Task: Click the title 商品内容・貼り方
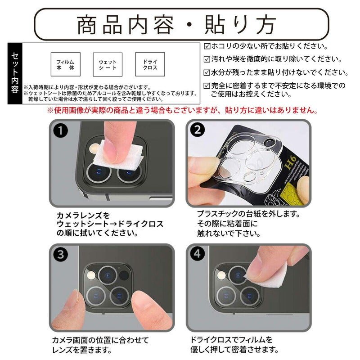(176, 25)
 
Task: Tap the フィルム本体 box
(65, 64)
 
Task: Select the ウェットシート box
(108, 64)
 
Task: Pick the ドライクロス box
(150, 64)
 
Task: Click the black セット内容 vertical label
(15, 73)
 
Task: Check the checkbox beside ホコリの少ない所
(207, 46)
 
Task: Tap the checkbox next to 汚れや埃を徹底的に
(207, 59)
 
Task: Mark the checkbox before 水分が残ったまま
(207, 73)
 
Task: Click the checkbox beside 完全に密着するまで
(207, 86)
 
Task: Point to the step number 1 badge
(60, 130)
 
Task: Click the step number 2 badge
(198, 130)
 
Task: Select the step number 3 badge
(60, 254)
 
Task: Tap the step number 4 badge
(198, 254)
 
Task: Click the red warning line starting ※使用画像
(183, 110)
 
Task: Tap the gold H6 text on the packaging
(290, 162)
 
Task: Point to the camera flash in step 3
(91, 275)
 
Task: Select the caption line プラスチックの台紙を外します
(249, 214)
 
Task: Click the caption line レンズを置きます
(82, 350)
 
